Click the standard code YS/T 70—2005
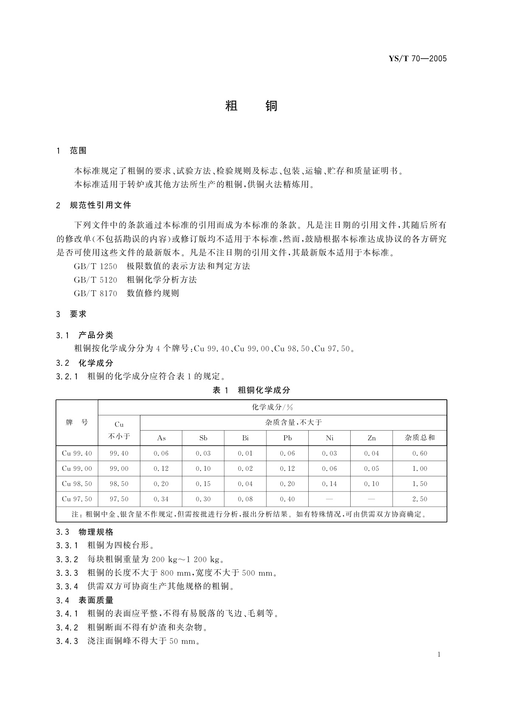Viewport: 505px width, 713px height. (x=418, y=59)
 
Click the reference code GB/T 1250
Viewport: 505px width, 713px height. (x=95, y=266)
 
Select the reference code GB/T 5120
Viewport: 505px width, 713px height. (x=95, y=280)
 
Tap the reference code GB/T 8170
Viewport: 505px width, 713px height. (x=95, y=293)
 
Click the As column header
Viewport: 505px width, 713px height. (x=161, y=438)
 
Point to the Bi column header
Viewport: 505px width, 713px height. (x=245, y=438)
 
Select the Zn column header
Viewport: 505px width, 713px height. (x=371, y=438)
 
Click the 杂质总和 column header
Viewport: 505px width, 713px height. (x=420, y=438)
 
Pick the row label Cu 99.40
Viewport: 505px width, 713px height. (x=77, y=453)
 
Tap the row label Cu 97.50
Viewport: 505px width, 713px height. (x=77, y=499)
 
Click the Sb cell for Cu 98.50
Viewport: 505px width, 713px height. (x=203, y=484)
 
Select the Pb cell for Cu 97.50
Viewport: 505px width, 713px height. (x=287, y=499)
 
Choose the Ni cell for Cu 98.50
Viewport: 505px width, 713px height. (x=329, y=484)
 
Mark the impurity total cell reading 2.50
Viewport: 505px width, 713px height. (x=420, y=499)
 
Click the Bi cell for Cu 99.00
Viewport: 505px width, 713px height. (x=245, y=469)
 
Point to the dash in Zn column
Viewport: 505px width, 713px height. (x=371, y=499)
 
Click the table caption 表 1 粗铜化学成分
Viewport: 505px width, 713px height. (x=251, y=390)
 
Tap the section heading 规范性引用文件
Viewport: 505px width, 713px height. (x=100, y=205)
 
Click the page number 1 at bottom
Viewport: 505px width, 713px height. (x=439, y=655)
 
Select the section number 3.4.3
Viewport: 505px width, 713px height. (x=67, y=641)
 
